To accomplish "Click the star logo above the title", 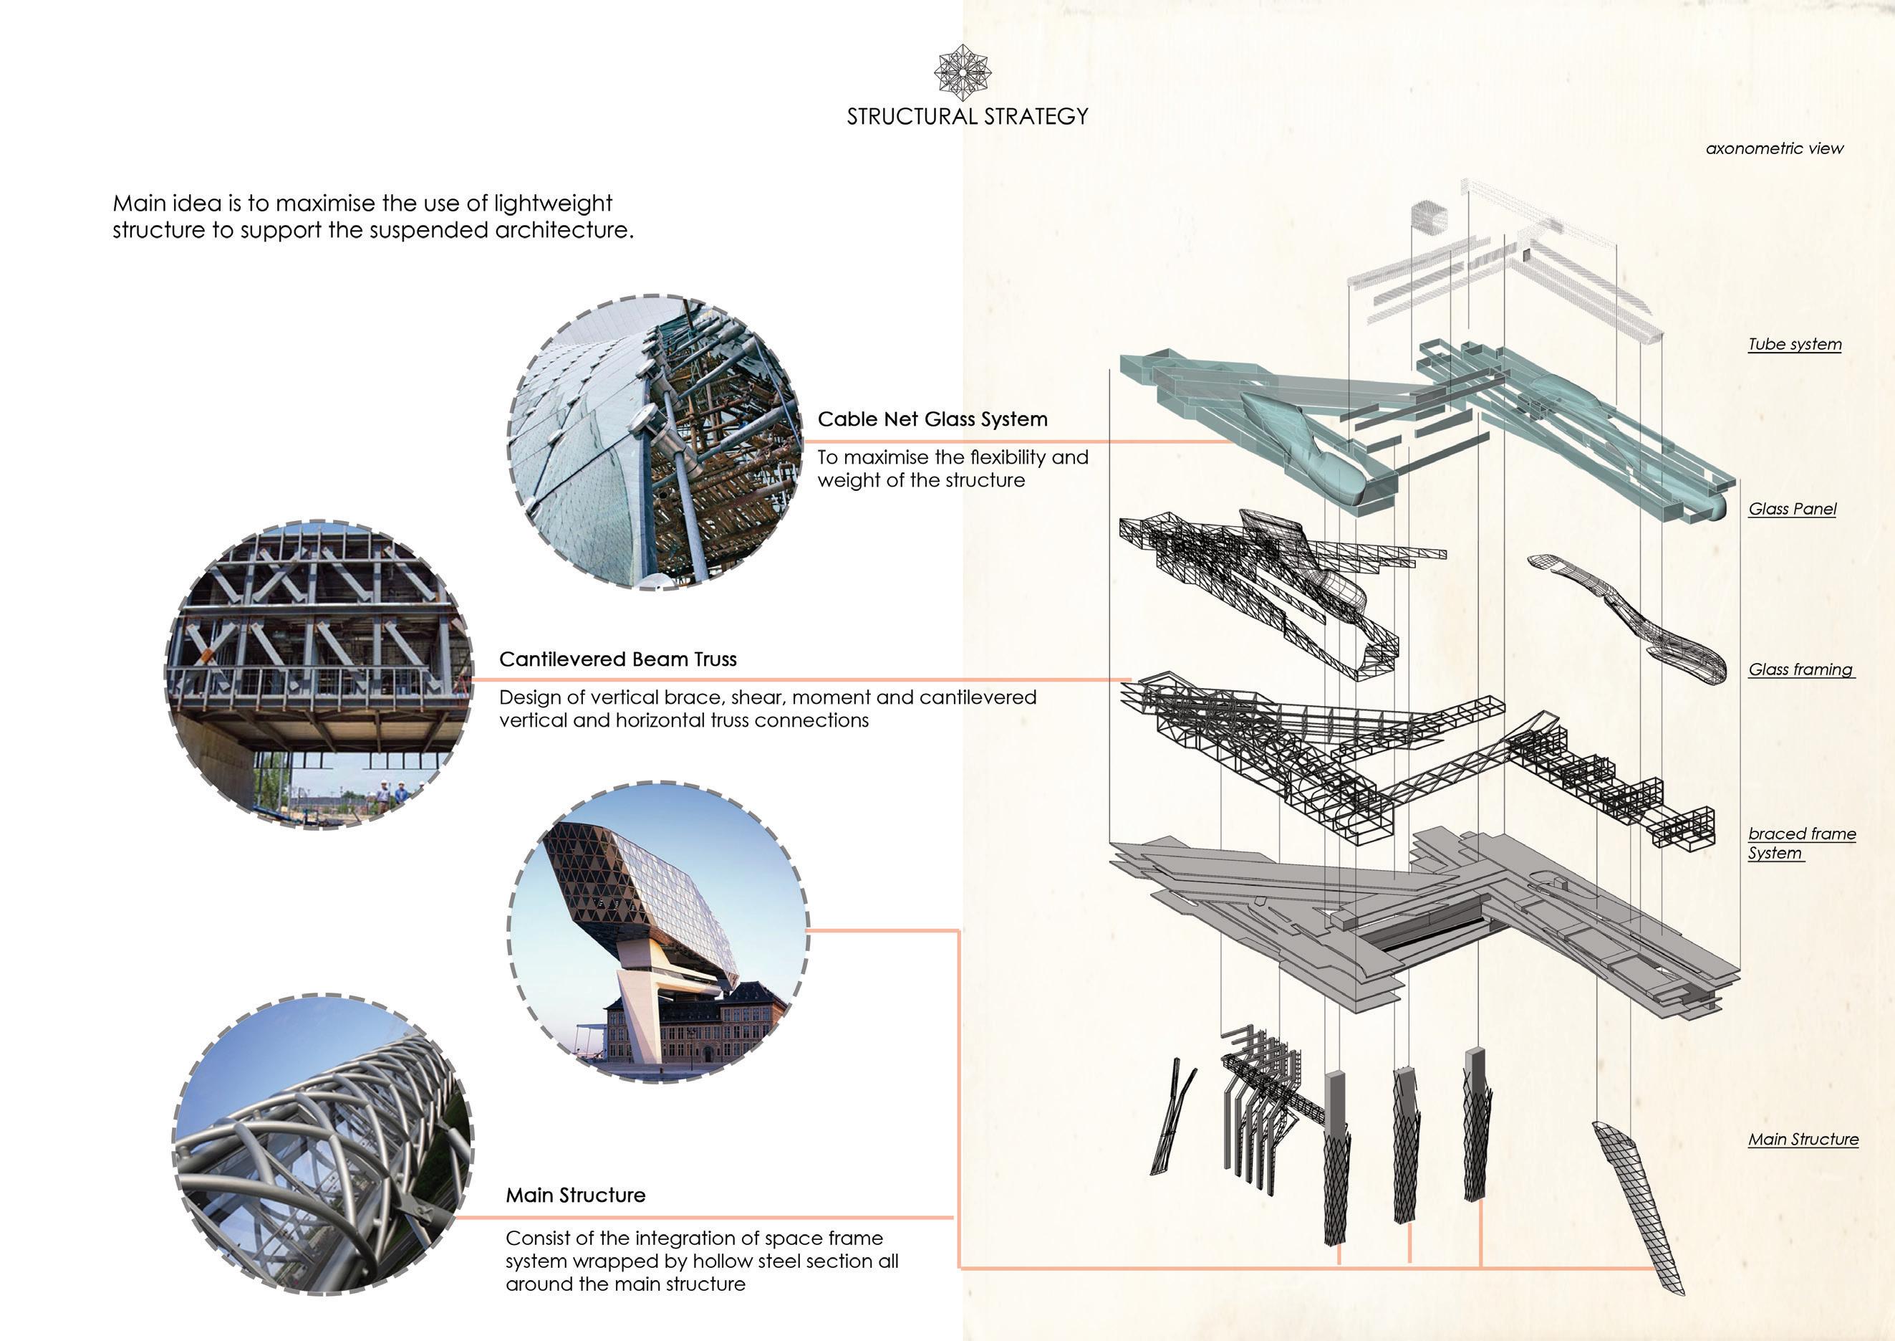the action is tap(963, 72).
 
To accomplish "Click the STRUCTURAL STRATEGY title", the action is tap(968, 116).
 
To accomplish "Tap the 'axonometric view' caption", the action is tap(1774, 148).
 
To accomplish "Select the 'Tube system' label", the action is tap(1794, 344).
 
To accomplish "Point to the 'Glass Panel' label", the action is tap(1792, 509).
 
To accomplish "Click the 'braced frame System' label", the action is tap(1801, 843).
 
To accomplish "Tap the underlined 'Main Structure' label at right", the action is tap(1803, 1140).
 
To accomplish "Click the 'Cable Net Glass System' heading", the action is tap(932, 419).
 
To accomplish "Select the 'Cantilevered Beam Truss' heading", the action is tap(617, 659).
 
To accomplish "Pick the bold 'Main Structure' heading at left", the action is tap(575, 1195).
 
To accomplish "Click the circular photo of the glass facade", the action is tap(655, 442).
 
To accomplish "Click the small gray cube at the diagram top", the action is tap(1429, 217).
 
